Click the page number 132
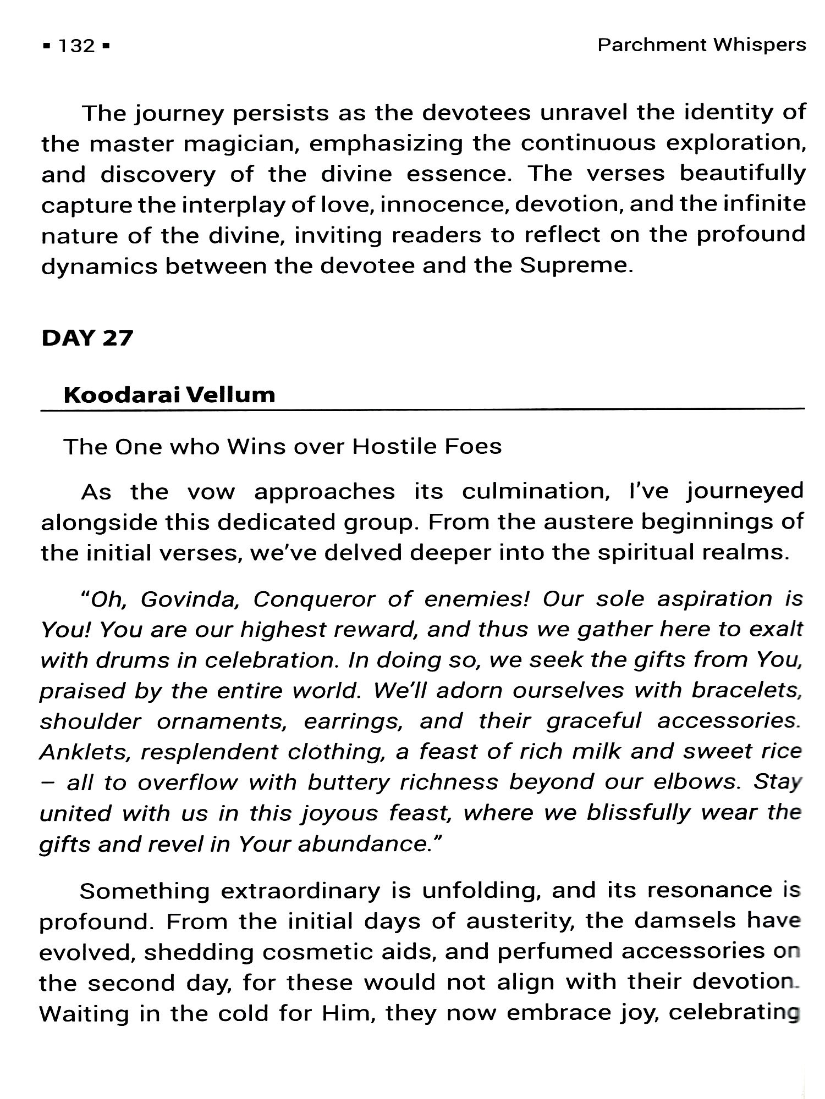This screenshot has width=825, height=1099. click(76, 46)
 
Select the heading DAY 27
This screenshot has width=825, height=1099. click(87, 338)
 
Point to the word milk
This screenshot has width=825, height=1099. click(596, 752)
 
